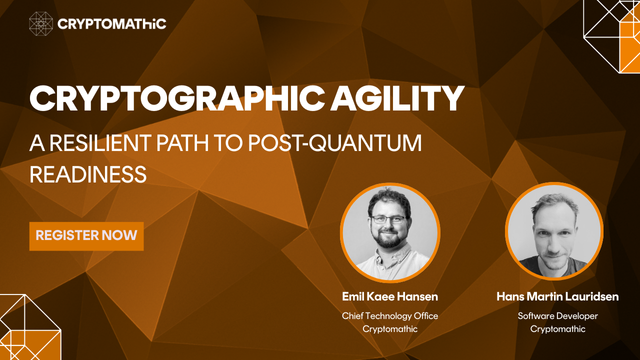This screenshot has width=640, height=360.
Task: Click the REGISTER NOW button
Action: (x=86, y=237)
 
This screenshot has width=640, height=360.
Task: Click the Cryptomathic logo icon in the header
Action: (x=41, y=23)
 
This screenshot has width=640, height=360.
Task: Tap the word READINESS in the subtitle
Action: (x=89, y=173)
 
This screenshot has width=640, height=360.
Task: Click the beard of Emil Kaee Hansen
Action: (x=388, y=239)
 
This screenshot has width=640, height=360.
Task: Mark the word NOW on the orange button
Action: (x=121, y=237)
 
